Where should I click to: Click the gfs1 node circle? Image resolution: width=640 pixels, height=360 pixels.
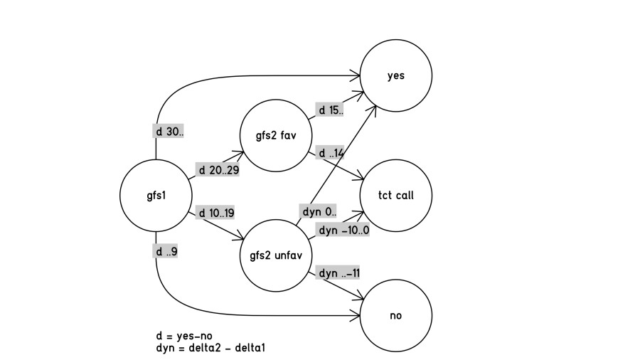[156, 196]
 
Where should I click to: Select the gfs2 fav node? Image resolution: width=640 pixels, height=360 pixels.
[276, 135]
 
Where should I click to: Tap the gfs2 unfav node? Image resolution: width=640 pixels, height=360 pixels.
[276, 255]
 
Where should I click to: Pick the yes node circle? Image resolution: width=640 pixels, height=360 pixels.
[396, 75]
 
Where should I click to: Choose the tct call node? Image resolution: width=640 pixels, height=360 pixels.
[396, 196]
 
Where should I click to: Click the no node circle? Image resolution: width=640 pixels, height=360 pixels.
[396, 315]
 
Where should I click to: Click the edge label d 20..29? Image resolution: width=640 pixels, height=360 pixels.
[219, 171]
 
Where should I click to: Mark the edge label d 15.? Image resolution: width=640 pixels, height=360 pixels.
[330, 110]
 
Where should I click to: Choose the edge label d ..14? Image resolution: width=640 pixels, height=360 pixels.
[331, 153]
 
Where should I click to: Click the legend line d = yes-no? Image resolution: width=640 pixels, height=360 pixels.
[184, 336]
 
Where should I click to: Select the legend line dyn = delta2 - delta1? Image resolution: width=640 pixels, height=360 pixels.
[210, 348]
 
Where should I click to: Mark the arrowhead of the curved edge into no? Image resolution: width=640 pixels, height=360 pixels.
[357, 315]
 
